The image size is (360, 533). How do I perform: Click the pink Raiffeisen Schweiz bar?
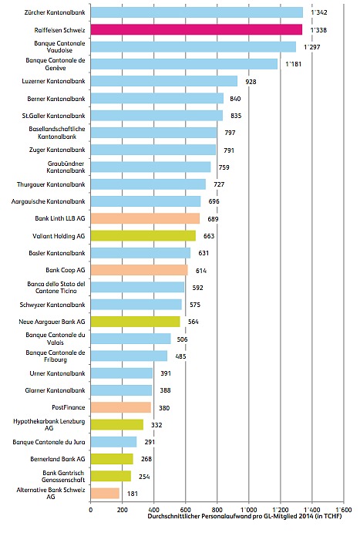[197, 29]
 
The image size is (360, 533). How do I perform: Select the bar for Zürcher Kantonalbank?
[197, 12]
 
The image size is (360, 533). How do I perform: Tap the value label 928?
[251, 82]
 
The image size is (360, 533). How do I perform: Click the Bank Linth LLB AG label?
[60, 218]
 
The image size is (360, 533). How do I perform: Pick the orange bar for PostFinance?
[120, 407]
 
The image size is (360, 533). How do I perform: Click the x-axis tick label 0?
[91, 510]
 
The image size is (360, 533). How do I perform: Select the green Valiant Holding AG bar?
[143, 235]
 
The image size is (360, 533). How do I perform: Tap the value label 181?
[133, 494]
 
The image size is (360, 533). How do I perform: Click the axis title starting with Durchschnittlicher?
[244, 516]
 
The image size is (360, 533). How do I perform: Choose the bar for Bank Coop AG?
[139, 270]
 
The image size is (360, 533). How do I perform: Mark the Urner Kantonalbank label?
[57, 373]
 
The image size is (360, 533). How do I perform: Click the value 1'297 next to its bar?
[311, 47]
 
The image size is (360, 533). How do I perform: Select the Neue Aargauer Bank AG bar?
[135, 322]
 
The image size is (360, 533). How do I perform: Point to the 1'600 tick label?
[343, 510]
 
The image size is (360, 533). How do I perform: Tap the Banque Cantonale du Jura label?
[49, 442]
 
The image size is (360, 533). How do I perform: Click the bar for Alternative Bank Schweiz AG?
[105, 493]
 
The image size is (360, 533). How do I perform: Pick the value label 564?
[193, 322]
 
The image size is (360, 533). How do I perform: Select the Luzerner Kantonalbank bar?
[164, 81]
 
